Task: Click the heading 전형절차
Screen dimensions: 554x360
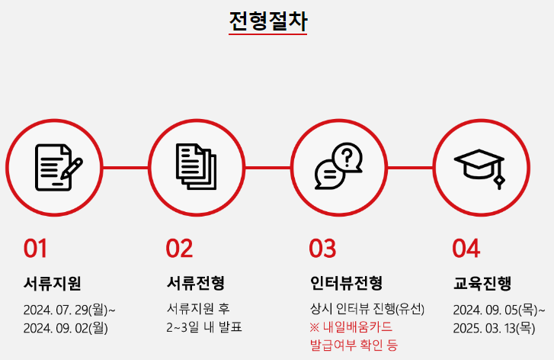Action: [268, 21]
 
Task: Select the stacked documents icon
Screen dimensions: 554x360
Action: [196, 166]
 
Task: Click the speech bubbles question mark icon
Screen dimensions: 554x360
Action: [338, 166]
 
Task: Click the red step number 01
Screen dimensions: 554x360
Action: [35, 248]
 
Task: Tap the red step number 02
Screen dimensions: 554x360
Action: [179, 248]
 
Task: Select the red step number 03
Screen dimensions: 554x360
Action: [322, 248]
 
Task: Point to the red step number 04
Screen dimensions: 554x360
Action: [466, 248]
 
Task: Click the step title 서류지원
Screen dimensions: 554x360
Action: [53, 283]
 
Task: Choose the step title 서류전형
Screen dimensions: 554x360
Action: [195, 283]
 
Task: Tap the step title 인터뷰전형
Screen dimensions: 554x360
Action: [346, 283]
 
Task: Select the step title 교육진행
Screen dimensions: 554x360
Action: [482, 283]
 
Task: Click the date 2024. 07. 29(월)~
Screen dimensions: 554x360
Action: [69, 310]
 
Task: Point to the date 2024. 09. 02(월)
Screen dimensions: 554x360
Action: [66, 328]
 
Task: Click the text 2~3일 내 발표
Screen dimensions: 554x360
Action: [204, 327]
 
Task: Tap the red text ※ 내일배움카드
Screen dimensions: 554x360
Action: [351, 327]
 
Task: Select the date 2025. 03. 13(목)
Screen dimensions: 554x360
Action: [494, 328]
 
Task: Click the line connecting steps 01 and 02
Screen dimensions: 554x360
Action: [126, 168]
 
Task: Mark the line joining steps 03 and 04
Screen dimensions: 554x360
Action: [410, 168]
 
